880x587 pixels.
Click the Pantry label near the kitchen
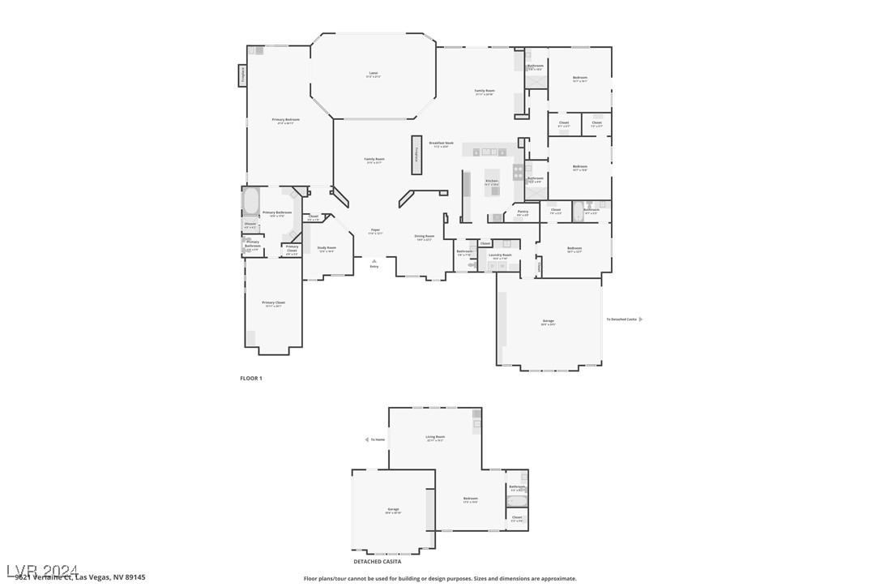pos(522,213)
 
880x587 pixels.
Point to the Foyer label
pos(374,231)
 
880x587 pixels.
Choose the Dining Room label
pos(425,238)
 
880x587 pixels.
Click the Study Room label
pos(327,249)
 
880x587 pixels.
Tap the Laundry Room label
pos(501,256)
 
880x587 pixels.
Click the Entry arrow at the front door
pos(374,260)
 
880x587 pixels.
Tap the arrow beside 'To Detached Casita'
pos(641,319)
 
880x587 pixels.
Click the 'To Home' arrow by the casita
pos(366,439)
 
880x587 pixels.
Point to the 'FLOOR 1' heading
pos(251,379)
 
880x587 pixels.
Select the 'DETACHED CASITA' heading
pos(377,561)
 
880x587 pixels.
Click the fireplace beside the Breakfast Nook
pos(417,154)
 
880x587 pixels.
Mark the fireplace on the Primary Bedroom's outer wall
pos(242,75)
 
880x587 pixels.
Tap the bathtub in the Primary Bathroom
pos(250,199)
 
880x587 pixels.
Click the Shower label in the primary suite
pos(250,225)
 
